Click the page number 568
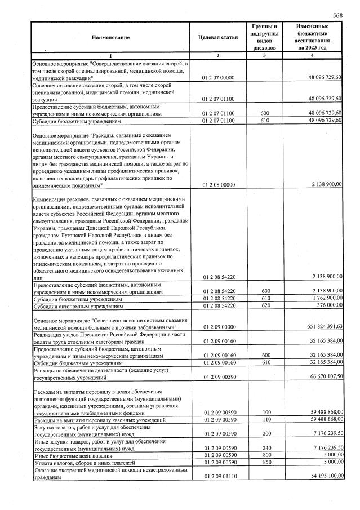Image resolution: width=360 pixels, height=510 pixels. tap(337, 15)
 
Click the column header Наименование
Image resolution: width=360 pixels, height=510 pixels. tap(110, 37)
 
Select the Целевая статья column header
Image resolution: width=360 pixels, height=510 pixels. tap(217, 37)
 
